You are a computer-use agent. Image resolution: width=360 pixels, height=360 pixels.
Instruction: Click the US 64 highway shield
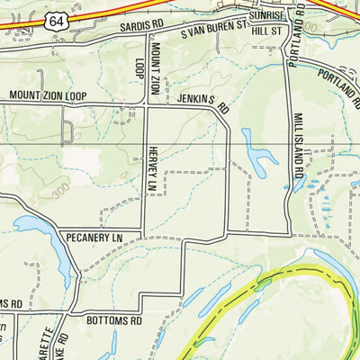58,19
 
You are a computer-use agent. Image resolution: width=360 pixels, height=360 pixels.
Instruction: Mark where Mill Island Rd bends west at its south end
288,232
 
